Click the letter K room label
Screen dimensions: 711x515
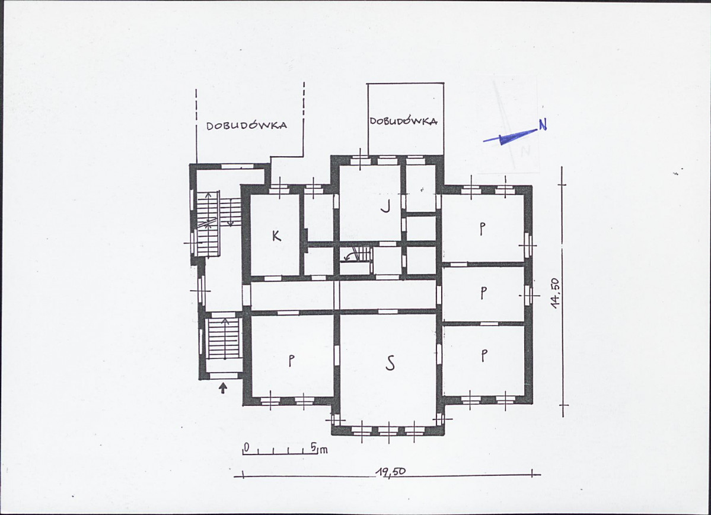coord(276,236)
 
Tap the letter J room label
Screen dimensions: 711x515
coord(385,207)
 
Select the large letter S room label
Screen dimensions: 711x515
coord(390,363)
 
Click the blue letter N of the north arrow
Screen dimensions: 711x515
coord(543,124)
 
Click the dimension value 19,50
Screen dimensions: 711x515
coord(391,472)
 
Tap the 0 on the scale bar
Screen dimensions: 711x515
coord(246,447)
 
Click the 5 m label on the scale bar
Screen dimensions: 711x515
coord(319,449)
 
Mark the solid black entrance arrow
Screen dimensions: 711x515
coord(222,389)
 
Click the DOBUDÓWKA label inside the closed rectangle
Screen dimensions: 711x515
coord(403,120)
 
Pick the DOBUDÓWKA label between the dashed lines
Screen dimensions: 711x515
coord(246,125)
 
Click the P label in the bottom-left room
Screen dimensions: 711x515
coord(291,361)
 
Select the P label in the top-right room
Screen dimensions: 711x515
coord(482,229)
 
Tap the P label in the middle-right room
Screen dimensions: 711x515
coord(483,293)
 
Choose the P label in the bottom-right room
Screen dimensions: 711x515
coord(484,355)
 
